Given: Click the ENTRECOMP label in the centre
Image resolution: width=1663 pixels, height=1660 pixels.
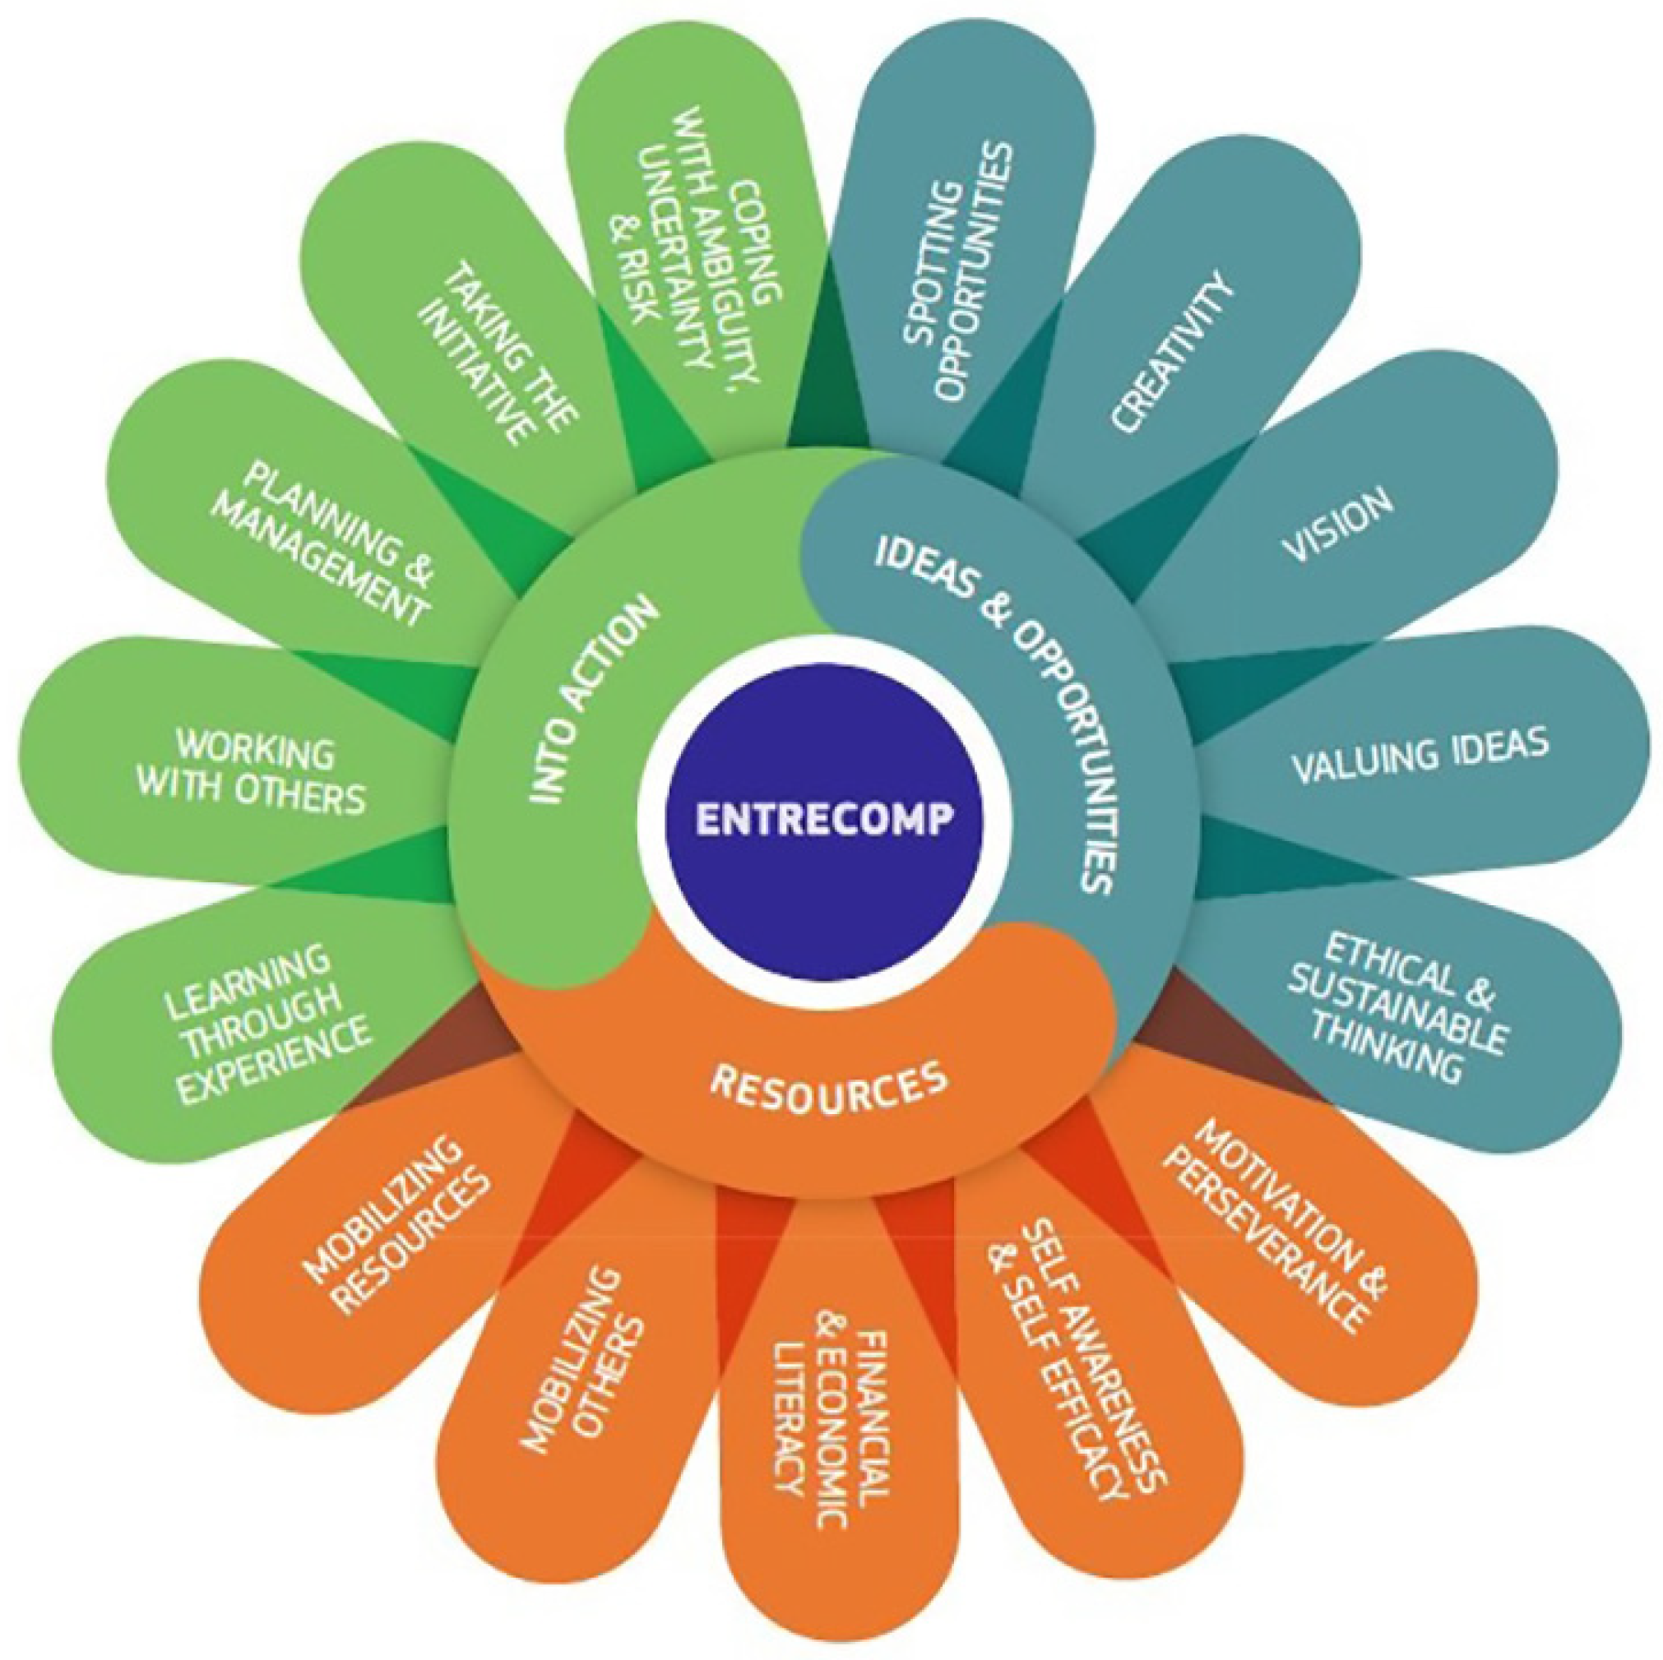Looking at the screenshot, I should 824,817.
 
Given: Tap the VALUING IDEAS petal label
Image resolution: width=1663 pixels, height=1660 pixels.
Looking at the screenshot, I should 1421,756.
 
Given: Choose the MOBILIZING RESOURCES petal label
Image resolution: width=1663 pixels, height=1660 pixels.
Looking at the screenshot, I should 396,1222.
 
